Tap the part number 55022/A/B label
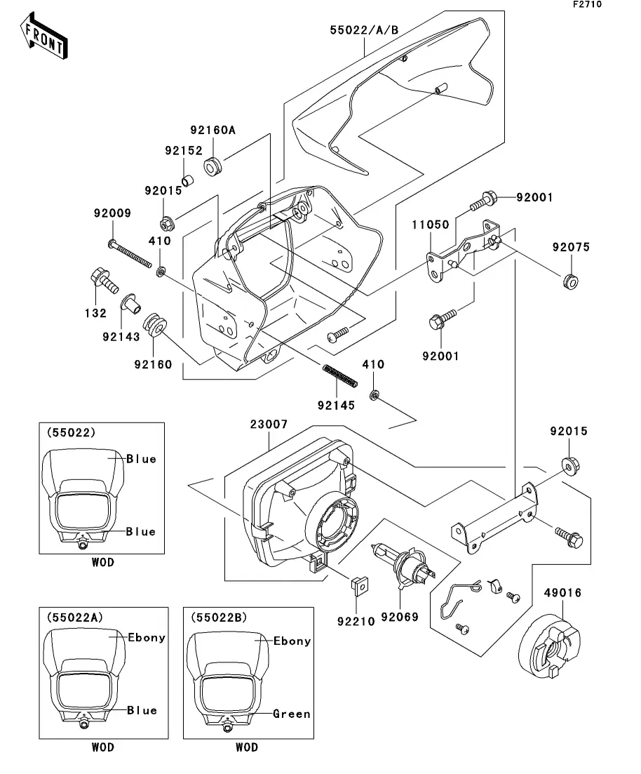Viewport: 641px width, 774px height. tap(364, 30)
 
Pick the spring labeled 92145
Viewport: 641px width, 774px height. tap(340, 376)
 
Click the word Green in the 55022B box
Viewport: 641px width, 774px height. tap(291, 714)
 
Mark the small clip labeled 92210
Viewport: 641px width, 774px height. tap(359, 582)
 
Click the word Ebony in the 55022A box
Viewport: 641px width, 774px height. tap(147, 637)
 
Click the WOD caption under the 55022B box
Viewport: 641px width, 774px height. tap(247, 747)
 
